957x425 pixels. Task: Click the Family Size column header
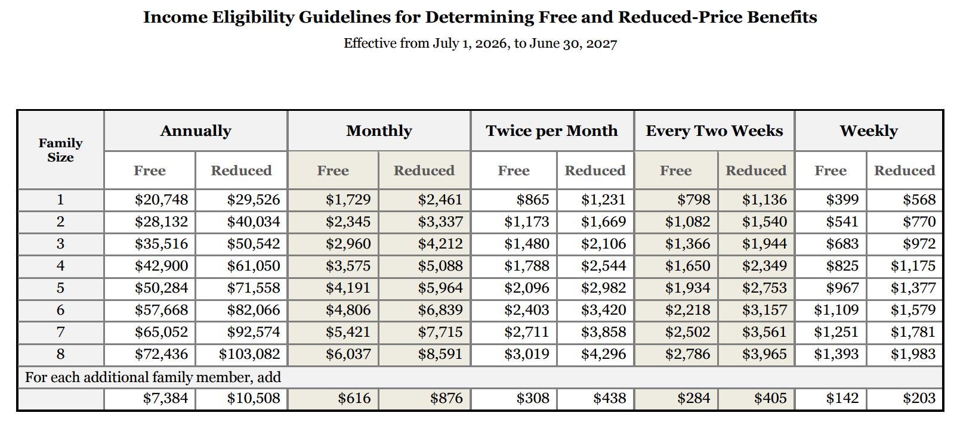[x=61, y=150]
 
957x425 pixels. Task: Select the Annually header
[x=196, y=131]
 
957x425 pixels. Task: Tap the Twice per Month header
[x=551, y=131]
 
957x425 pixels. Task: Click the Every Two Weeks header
[x=714, y=131]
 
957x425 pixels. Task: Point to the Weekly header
[x=869, y=131]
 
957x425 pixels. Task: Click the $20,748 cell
[x=162, y=200]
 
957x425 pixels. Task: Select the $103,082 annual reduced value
[x=249, y=354]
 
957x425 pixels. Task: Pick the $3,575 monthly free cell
[x=348, y=266]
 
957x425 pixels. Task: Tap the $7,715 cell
[x=440, y=332]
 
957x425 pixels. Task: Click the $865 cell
[x=533, y=200]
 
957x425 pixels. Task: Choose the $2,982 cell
[x=603, y=288]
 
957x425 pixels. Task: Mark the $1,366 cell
[x=687, y=244]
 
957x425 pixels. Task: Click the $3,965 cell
[x=764, y=354]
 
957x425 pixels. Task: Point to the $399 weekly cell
[x=842, y=200]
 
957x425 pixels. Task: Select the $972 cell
[x=919, y=244]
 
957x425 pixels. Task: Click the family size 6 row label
[x=60, y=310]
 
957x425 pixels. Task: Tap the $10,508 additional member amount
[x=254, y=399]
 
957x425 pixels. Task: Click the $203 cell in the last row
[x=919, y=399]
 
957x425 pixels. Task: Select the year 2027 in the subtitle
[x=601, y=44]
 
